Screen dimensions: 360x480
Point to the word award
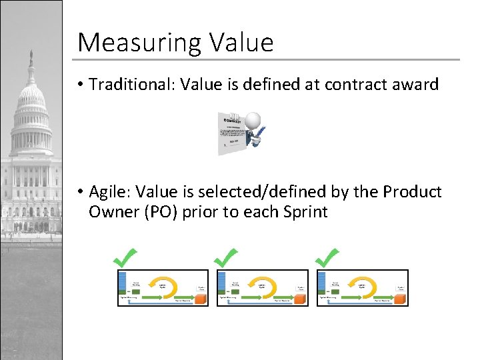point(417,85)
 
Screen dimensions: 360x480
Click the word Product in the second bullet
point(412,192)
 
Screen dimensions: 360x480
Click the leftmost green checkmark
point(125,257)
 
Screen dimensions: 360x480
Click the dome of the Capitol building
point(31,100)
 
